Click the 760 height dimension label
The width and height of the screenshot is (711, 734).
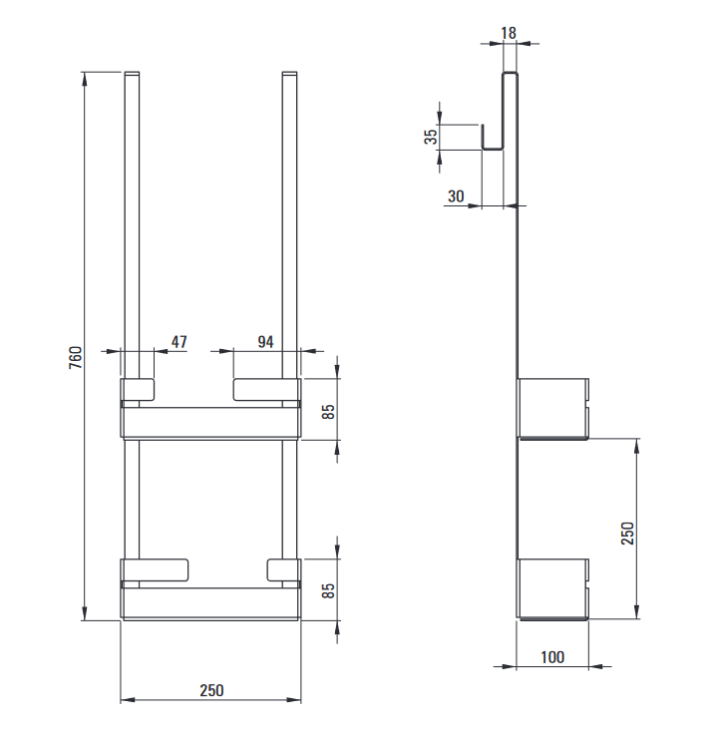click(76, 358)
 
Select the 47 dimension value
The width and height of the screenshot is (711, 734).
click(179, 342)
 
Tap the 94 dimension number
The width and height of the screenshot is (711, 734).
click(266, 342)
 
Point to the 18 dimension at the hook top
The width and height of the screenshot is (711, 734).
click(509, 33)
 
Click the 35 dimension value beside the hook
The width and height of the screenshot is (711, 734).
click(431, 136)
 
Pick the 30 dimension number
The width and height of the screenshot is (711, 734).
click(456, 196)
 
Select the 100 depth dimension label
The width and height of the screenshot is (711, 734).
click(552, 657)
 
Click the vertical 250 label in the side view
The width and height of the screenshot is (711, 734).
click(627, 534)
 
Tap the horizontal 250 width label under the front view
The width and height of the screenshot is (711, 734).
click(211, 690)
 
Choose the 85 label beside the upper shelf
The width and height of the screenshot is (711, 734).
click(329, 412)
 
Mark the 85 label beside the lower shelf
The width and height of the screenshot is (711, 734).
click(329, 590)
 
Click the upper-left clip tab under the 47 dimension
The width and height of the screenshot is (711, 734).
click(138, 390)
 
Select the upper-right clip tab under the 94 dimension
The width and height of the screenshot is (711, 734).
click(267, 390)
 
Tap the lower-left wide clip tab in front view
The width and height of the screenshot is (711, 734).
click(155, 570)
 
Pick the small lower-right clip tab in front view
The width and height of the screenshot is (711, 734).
click(283, 570)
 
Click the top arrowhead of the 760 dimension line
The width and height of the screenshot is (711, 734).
click(84, 79)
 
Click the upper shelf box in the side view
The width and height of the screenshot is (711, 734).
click(552, 409)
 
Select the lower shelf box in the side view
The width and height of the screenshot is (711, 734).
click(552, 588)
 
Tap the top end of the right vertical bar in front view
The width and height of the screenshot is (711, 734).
click(289, 73)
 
